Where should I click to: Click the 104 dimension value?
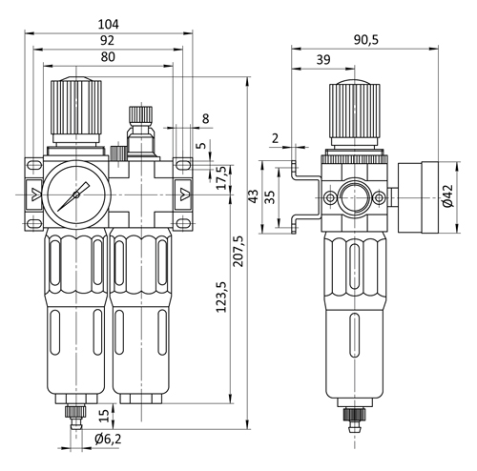pyautogui.click(x=109, y=24)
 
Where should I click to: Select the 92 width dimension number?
pyautogui.click(x=107, y=40)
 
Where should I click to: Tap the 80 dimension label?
pyautogui.click(x=108, y=57)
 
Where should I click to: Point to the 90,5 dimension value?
pyautogui.click(x=366, y=40)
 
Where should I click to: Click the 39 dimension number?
pyautogui.click(x=323, y=59)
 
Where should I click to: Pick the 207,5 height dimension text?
pyautogui.click(x=238, y=251)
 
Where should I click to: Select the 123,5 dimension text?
pyautogui.click(x=221, y=297)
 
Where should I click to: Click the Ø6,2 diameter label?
pyautogui.click(x=108, y=440)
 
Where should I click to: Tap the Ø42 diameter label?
pyautogui.click(x=448, y=196)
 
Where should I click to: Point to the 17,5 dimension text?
pyautogui.click(x=224, y=178)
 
